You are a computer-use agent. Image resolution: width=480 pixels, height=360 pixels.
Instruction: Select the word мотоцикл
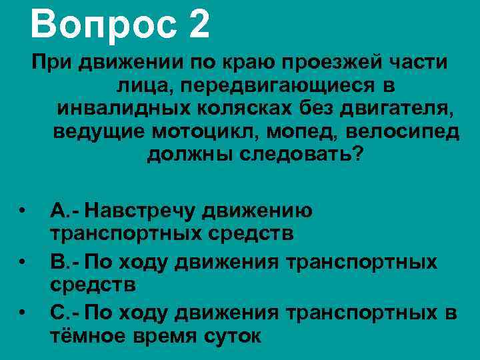206,131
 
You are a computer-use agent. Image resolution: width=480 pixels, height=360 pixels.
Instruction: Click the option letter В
57,261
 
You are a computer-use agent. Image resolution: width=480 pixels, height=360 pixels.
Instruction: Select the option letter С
58,311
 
